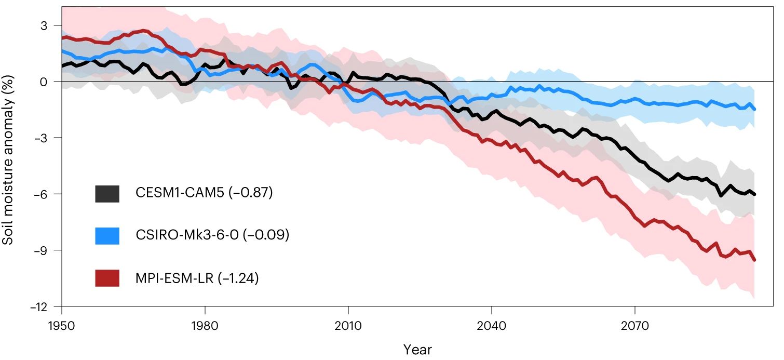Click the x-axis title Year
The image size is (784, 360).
[x=417, y=349]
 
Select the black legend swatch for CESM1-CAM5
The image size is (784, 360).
[x=107, y=193]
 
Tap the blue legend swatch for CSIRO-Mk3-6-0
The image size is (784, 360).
[x=107, y=236]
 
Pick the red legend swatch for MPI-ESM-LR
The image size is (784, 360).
[x=107, y=278]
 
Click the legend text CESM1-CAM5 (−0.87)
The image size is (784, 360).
[x=204, y=193]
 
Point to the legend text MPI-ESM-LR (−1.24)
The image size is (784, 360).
[x=197, y=278]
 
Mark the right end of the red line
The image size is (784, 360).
[x=754, y=260]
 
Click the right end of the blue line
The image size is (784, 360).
[x=754, y=109]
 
